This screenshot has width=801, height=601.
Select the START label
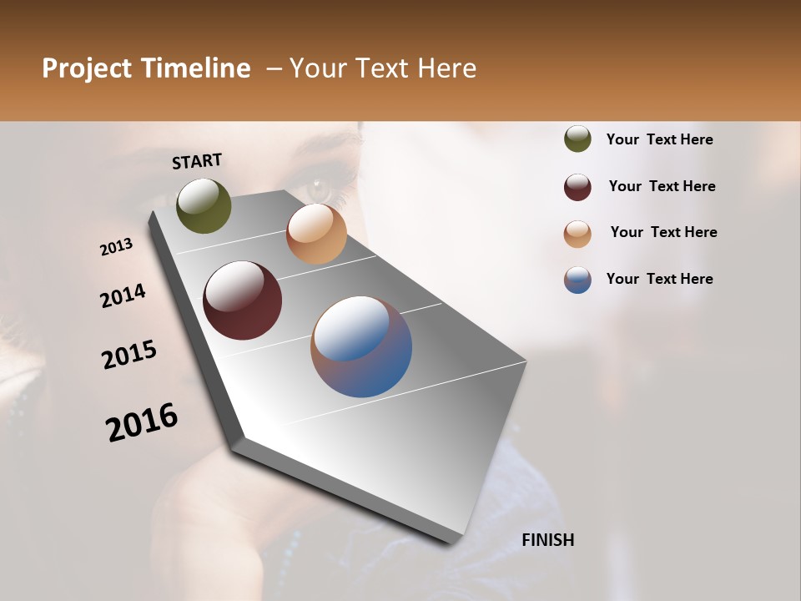coord(197,161)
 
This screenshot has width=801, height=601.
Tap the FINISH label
coord(548,540)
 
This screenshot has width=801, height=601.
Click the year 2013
coord(117,247)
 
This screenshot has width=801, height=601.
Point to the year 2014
coord(123,296)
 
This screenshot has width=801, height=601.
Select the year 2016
coord(142,422)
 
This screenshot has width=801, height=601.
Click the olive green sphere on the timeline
coord(204,205)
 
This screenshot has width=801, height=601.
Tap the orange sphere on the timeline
coord(316,234)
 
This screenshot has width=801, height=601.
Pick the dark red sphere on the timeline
coord(242,300)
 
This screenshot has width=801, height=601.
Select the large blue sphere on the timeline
coord(361,346)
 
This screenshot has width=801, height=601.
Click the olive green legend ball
coord(577,139)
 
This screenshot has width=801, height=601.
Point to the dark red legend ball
coord(577,187)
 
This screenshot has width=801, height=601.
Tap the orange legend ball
coord(577,234)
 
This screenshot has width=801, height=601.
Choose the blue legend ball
coord(577,280)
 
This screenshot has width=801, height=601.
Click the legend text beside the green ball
coord(660,140)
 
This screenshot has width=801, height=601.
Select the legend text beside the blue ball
coord(660,279)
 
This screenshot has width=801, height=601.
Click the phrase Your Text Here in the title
coord(383,68)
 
